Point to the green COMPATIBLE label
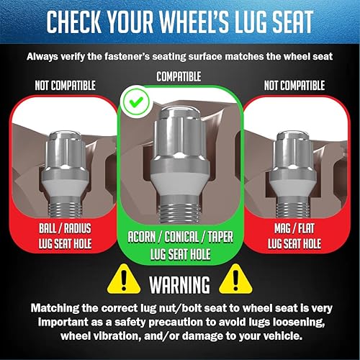pyautogui.click(x=180, y=75)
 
